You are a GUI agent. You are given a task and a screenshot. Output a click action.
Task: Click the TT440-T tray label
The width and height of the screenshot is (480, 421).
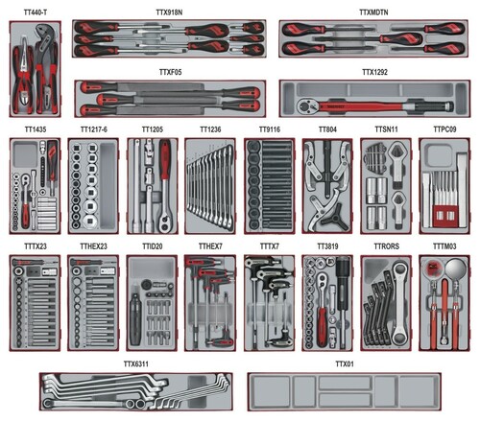(x=36, y=12)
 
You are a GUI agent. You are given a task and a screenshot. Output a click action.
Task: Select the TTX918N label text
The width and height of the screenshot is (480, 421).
(x=169, y=12)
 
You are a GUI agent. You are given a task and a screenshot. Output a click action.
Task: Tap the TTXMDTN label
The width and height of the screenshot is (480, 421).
(x=373, y=12)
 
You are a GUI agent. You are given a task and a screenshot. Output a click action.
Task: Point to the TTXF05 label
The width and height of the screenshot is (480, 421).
(x=170, y=72)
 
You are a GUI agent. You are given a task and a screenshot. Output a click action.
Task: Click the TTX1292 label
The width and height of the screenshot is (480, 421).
(x=374, y=72)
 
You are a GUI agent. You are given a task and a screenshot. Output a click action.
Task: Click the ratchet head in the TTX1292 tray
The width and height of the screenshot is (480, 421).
(x=306, y=106)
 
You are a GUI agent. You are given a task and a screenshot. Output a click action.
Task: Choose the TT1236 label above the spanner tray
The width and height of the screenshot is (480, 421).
(x=210, y=129)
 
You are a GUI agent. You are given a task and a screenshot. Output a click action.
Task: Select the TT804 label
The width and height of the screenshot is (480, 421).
(x=327, y=129)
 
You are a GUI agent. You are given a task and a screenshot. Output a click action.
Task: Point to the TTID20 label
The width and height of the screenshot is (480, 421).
(x=153, y=246)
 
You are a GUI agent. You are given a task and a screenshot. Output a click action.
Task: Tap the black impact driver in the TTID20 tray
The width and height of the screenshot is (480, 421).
(x=134, y=318)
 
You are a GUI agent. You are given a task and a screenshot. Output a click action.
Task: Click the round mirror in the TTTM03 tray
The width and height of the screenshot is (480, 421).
(x=455, y=268)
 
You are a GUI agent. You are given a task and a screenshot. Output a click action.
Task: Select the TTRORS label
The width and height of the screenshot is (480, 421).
(x=387, y=246)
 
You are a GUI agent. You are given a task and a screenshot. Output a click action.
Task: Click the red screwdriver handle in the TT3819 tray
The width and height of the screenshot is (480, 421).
(x=323, y=326)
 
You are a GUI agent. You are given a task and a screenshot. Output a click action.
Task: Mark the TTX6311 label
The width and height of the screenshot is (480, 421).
(x=136, y=364)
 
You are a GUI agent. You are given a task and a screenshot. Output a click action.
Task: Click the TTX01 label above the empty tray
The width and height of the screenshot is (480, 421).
(x=345, y=364)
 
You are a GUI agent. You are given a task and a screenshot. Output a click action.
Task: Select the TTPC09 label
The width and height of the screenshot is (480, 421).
(x=444, y=129)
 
